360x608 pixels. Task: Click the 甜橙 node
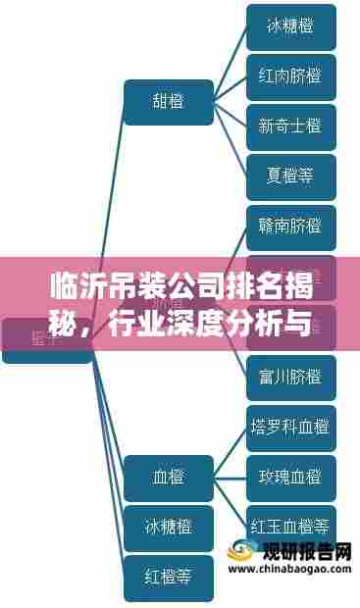[169, 101]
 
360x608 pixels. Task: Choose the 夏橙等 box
[290, 177]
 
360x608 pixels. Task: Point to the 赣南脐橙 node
[290, 228]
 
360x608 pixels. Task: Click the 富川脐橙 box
[290, 378]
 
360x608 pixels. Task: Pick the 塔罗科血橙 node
[290, 428]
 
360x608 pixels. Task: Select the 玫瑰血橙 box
[290, 478]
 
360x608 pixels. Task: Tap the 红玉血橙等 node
[290, 527]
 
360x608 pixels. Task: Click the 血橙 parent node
[169, 478]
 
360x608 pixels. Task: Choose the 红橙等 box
[169, 577]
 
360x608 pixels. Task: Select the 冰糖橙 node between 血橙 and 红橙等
[169, 527]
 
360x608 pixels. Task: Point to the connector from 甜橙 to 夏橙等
[230, 140]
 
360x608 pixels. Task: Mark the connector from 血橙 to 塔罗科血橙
[230, 452]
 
